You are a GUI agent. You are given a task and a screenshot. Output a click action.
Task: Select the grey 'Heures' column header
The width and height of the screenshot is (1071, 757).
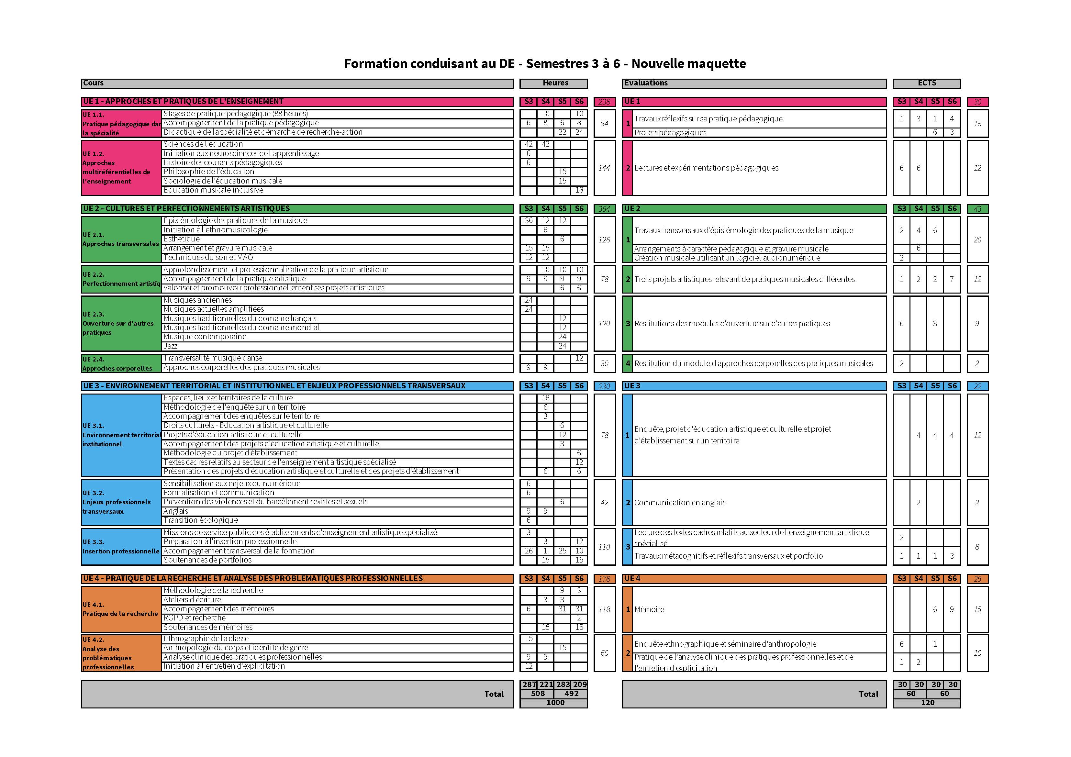click(555, 83)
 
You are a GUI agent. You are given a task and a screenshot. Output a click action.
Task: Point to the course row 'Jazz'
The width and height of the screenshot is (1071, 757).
click(171, 346)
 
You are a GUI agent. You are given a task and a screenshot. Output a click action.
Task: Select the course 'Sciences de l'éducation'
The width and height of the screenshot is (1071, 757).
click(203, 144)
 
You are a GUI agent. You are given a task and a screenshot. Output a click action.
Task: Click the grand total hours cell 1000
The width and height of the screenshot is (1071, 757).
click(555, 702)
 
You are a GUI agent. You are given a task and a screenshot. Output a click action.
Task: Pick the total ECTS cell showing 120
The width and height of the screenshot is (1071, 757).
click(927, 702)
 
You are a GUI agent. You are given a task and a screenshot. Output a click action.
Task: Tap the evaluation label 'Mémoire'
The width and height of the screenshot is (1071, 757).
click(649, 609)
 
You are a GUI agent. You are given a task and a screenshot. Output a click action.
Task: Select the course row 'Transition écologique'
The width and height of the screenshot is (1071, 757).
click(201, 520)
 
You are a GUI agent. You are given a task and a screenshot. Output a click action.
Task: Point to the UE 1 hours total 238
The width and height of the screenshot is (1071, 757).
click(604, 102)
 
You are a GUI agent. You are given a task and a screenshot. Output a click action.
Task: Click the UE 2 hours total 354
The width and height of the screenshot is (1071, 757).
click(604, 209)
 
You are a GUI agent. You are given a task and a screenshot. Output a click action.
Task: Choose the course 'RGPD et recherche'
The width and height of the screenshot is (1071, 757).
click(195, 618)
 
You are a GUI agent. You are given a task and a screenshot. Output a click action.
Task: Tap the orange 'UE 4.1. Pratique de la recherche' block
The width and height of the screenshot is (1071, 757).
click(121, 609)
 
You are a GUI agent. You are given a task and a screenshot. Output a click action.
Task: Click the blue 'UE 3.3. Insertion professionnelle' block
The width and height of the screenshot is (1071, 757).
click(121, 546)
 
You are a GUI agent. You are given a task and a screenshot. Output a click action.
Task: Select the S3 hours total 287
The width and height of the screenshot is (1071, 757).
click(529, 684)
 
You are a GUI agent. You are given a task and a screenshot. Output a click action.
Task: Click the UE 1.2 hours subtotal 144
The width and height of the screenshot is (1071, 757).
click(604, 168)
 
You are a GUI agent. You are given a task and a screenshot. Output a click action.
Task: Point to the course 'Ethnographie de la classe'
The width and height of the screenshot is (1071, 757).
click(206, 639)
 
